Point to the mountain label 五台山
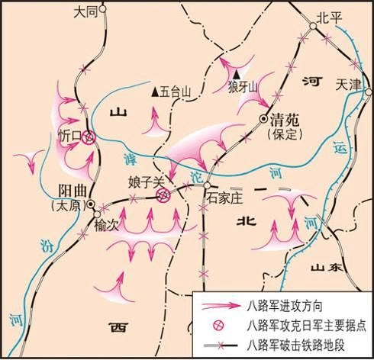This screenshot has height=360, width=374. point(179,92)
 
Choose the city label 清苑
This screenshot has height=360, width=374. point(286,118)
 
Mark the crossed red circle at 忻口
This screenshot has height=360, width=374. point(89,137)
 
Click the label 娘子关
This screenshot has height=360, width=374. point(145,183)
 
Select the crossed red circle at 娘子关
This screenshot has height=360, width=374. point(163,196)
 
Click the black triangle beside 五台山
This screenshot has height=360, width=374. point(156,92)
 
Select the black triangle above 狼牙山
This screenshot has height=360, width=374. point(237,74)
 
